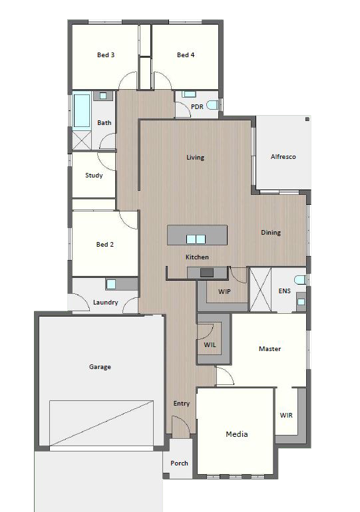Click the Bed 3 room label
pyautogui.click(x=106, y=55)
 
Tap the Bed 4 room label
pyautogui.click(x=186, y=55)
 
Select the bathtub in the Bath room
pyautogui.click(x=81, y=110)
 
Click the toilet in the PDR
pyautogui.click(x=212, y=105)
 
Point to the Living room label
pyautogui.click(x=195, y=158)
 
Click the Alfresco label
pyautogui.click(x=283, y=157)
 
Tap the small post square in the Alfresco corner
pyautogui.click(x=307, y=119)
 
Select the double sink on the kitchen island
pyautogui.click(x=196, y=239)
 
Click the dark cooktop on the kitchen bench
pyautogui.click(x=207, y=273)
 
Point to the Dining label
pyautogui.click(x=271, y=233)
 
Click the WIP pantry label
pyautogui.click(x=224, y=292)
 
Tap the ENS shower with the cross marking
pyautogui.click(x=260, y=290)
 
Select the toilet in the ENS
pyautogui.click(x=300, y=280)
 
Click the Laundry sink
pyautogui.click(x=111, y=285)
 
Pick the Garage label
pyautogui.click(x=100, y=366)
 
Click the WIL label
pyautogui.click(x=210, y=344)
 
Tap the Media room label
pyautogui.click(x=237, y=434)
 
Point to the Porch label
pyautogui.click(x=179, y=463)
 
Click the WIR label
pyautogui.click(x=286, y=416)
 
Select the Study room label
pyautogui.click(x=94, y=176)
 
